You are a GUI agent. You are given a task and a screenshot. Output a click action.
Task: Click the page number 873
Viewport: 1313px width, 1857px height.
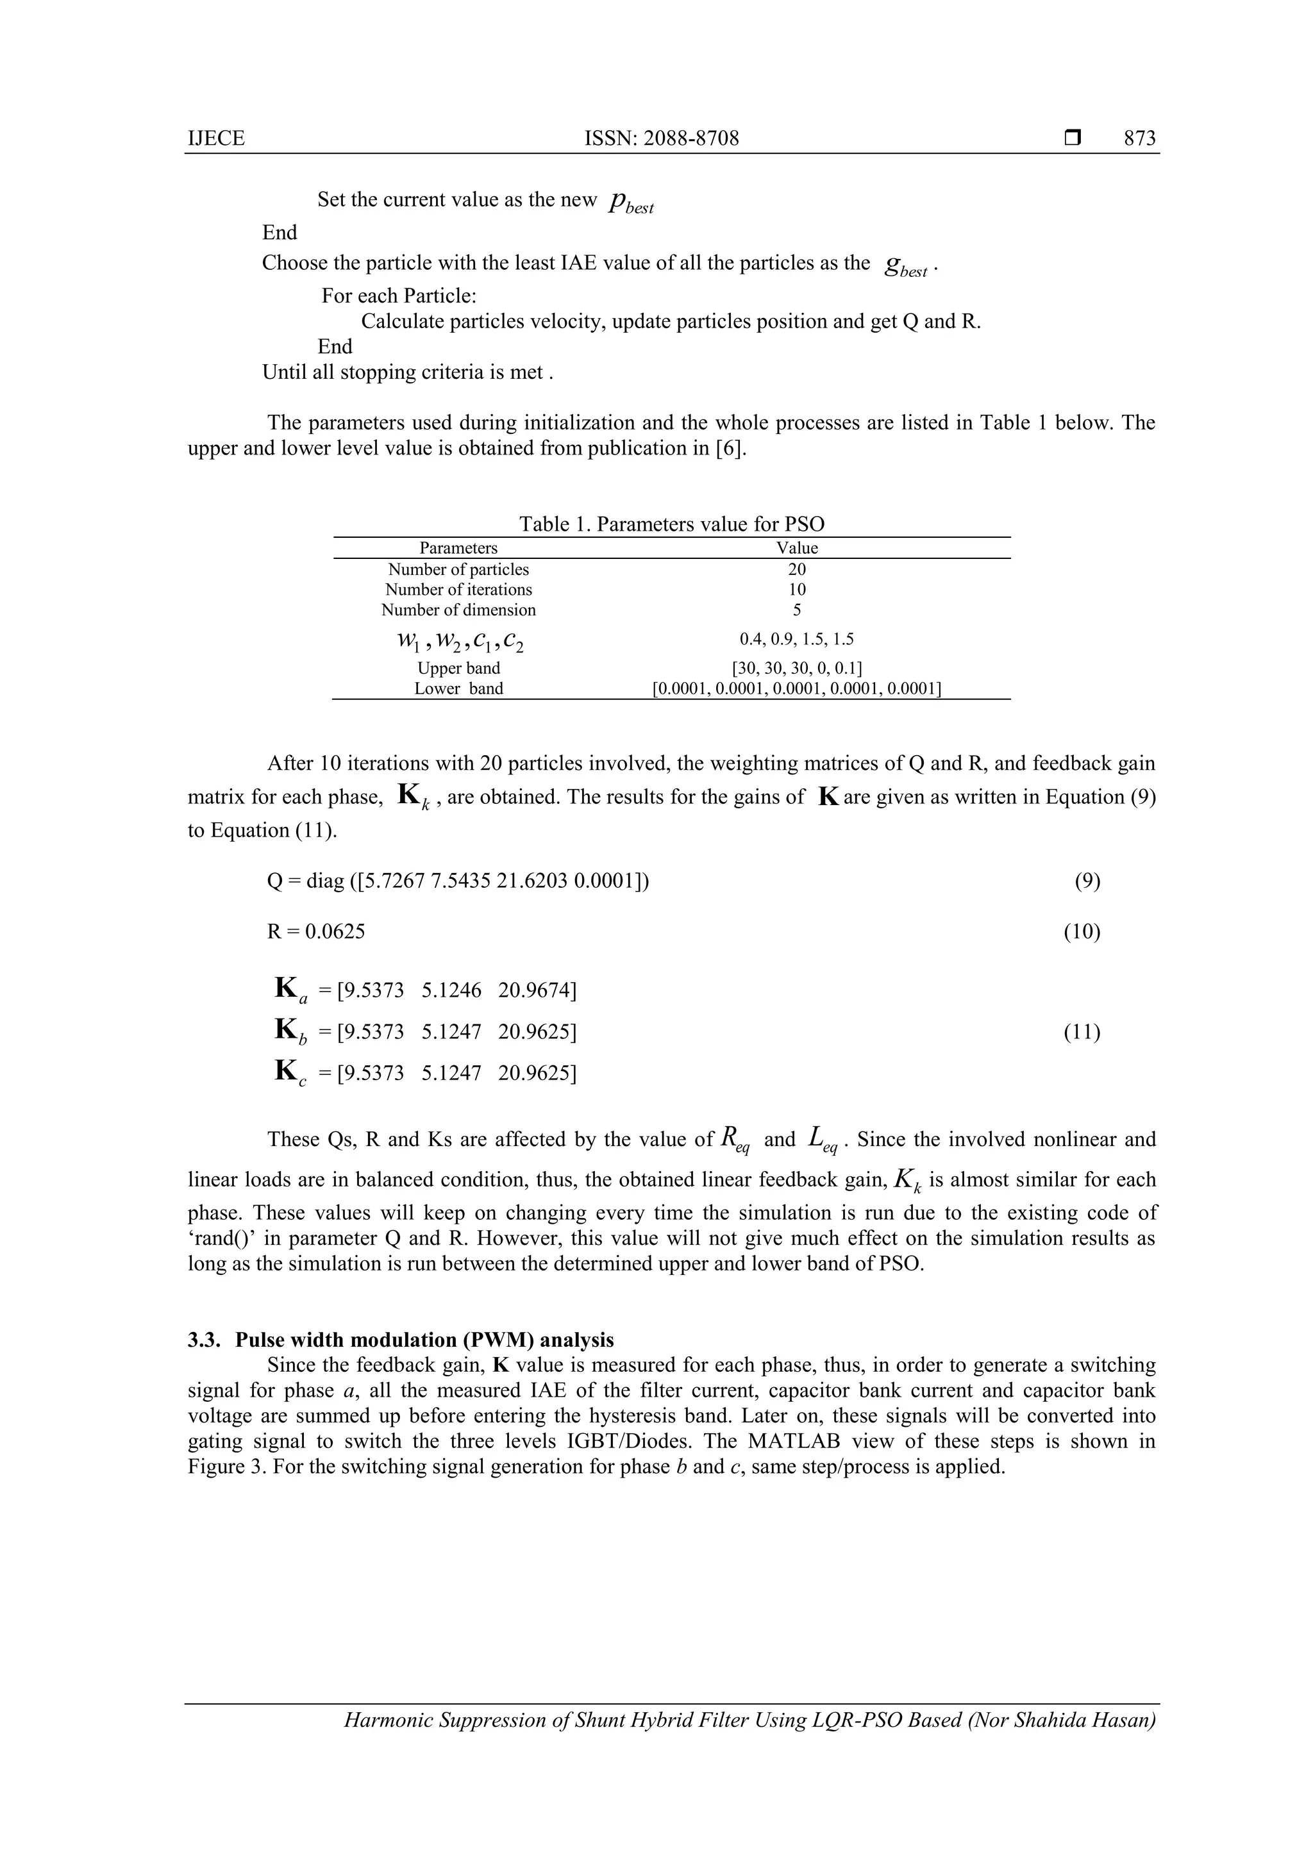(1139, 138)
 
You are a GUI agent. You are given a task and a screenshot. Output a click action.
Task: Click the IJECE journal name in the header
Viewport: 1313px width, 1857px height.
(216, 138)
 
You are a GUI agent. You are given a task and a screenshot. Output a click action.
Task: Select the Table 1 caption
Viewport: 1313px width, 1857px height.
(671, 524)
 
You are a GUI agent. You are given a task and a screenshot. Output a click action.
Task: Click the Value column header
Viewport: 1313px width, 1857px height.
(797, 547)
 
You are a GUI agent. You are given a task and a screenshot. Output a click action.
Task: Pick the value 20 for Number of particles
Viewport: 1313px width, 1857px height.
(797, 569)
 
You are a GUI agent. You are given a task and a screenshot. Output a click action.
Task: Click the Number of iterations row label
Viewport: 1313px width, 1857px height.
(458, 590)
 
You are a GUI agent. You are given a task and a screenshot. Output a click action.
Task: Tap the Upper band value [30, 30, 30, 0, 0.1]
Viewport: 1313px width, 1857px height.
(797, 668)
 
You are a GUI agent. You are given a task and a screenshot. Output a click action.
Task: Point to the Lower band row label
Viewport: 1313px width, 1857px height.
(458, 688)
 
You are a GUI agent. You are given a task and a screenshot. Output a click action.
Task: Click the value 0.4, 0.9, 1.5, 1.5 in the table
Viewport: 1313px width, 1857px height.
(797, 640)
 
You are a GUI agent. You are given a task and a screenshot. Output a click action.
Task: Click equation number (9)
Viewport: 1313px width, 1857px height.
(1087, 881)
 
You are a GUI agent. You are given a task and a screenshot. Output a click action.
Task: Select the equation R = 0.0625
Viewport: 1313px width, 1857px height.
(316, 932)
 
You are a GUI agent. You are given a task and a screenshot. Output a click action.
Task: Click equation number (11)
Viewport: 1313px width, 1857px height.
(1082, 1032)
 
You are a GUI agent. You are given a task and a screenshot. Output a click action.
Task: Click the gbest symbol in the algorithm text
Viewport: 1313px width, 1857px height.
(906, 266)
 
